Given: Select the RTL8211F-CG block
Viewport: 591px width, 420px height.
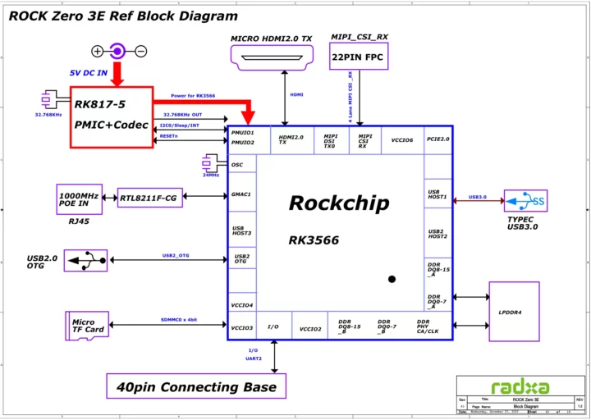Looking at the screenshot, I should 149,197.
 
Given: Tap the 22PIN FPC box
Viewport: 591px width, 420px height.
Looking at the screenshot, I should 357,57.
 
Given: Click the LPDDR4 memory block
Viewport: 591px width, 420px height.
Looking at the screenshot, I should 514,311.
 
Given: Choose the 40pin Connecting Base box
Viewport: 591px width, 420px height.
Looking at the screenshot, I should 196,386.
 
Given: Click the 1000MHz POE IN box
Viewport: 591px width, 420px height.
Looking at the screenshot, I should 79,198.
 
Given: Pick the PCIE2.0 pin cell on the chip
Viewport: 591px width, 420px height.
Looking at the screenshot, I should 438,139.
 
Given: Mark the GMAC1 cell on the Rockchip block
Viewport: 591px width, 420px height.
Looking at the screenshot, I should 242,194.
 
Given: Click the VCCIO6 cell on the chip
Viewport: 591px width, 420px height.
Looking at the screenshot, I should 402,140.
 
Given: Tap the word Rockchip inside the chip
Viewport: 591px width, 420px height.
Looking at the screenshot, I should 338,203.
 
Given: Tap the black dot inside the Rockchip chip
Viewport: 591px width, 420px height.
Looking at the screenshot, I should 392,280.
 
